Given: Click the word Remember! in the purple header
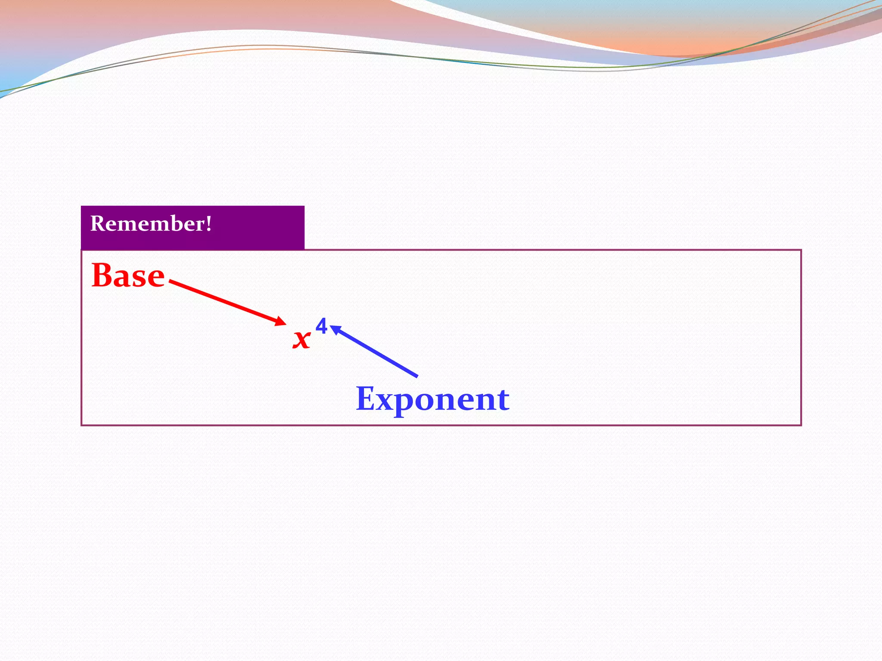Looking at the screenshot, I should tap(151, 224).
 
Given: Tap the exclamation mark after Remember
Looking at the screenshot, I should tap(209, 223).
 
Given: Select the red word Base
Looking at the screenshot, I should tap(128, 275).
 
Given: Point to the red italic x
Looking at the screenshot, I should tap(301, 339).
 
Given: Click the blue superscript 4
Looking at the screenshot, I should tap(321, 326).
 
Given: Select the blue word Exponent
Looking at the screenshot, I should tap(432, 399).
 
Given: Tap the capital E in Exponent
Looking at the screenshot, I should tap(366, 398).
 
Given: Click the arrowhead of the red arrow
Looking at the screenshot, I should tap(282, 321).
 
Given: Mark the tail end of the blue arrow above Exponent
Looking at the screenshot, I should tap(416, 376).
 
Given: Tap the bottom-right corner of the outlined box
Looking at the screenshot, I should tap(801, 425).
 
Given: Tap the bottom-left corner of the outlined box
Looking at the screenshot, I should tap(82, 425).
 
